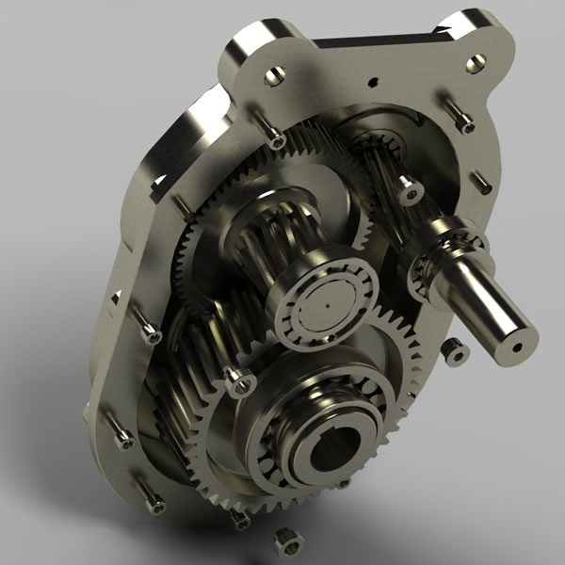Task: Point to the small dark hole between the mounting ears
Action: pos(373,81)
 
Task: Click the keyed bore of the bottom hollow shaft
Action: pos(332,453)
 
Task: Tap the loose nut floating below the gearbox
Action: pos(285,541)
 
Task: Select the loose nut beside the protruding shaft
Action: pos(456,353)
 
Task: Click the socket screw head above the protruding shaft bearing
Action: pos(410,193)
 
